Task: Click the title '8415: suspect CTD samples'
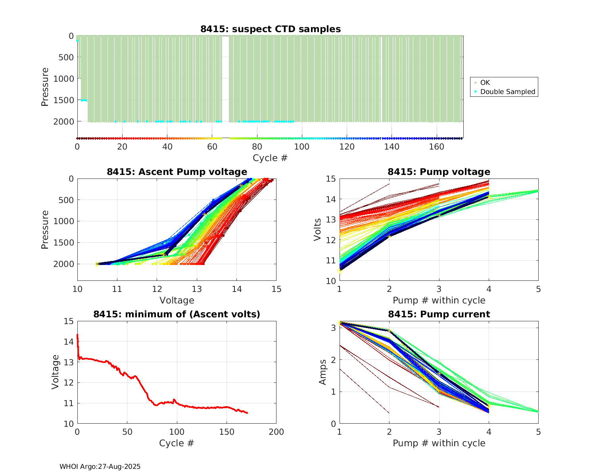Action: point(270,29)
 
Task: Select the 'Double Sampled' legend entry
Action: point(507,92)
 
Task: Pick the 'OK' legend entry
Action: point(485,83)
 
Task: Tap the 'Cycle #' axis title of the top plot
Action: point(270,158)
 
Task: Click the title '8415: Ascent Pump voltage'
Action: point(177,172)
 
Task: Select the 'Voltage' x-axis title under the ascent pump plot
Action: point(177,300)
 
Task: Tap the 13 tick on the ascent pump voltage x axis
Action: point(197,289)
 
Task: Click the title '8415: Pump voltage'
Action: point(439,172)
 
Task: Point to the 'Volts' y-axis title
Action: point(317,230)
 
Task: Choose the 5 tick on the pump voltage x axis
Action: point(538,289)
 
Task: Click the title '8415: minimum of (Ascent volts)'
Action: point(177,314)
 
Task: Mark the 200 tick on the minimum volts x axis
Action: point(276,432)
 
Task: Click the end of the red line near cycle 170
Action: point(248,413)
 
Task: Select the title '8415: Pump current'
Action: point(439,314)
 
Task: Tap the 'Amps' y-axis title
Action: point(323,372)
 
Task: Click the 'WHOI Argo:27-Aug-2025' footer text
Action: point(100,466)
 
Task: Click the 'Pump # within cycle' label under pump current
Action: point(439,443)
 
